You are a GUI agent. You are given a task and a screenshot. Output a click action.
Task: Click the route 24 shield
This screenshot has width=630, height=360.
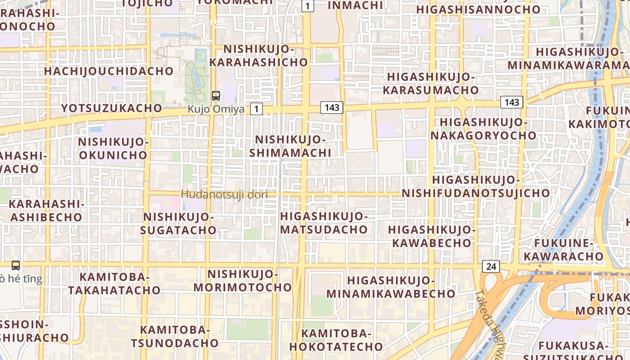click(x=490, y=266)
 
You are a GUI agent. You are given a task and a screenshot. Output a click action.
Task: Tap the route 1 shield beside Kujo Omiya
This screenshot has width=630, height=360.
click(x=256, y=108)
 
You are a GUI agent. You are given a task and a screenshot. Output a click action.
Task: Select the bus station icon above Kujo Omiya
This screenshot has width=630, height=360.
click(x=216, y=95)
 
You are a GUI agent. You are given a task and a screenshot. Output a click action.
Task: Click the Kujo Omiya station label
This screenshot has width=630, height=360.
click(x=216, y=109)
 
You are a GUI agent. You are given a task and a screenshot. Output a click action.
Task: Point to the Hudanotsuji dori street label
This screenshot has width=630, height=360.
click(x=224, y=194)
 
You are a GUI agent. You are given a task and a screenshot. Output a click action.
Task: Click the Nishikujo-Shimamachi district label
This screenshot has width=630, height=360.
click(x=290, y=146)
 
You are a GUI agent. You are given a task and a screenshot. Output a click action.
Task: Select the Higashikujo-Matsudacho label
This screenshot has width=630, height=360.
click(x=324, y=223)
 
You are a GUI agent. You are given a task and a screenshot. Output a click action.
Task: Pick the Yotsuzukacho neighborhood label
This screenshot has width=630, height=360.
click(x=111, y=108)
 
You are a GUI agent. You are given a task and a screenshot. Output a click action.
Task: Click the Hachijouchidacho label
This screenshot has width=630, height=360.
click(x=108, y=71)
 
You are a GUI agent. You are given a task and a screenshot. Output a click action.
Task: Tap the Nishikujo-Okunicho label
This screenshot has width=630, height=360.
click(x=113, y=148)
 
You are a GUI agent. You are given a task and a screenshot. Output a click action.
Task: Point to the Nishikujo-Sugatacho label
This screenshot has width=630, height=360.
click(x=178, y=224)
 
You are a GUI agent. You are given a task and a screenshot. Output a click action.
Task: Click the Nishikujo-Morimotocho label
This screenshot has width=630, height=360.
click(x=243, y=280)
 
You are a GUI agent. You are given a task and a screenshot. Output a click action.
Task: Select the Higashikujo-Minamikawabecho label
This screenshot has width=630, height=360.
click(x=391, y=287)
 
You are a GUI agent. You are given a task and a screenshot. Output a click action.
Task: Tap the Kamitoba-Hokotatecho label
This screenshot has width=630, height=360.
click(x=336, y=340)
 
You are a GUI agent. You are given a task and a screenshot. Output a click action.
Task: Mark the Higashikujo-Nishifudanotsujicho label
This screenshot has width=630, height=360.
click(x=476, y=187)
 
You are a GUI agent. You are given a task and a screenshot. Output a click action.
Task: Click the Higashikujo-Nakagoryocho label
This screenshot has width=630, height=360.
click(x=483, y=129)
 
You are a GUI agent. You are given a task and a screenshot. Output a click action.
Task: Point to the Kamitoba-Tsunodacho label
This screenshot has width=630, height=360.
click(x=175, y=337)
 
